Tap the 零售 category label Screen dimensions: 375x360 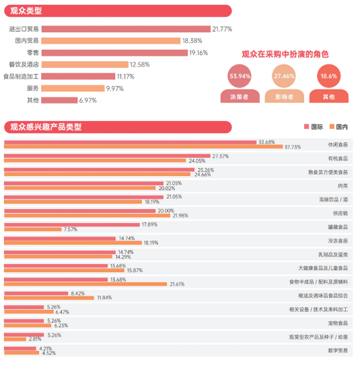pos(32,52)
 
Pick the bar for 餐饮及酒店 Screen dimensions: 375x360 pos(84,65)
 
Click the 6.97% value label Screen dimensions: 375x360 pos(88,100)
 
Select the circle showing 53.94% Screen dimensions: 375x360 pos(240,77)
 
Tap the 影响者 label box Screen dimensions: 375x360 pos(285,97)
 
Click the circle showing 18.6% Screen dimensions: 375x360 pos(328,77)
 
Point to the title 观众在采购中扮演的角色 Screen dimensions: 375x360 pos(285,54)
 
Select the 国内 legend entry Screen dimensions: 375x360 pos(338,127)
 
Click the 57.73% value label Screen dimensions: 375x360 pos(292,147)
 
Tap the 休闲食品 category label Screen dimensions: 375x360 pos(338,144)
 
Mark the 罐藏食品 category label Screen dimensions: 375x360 pos(338,226)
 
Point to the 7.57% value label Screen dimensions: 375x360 pos(70,229)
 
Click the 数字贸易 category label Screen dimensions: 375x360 pos(338,350)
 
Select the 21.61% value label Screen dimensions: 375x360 pos(177,284)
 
